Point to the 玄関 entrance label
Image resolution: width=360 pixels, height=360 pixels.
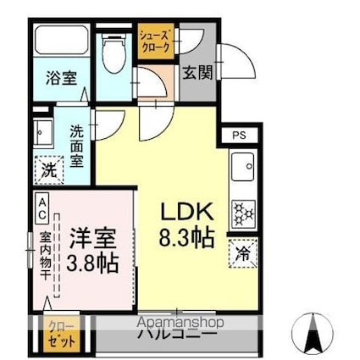(197, 73)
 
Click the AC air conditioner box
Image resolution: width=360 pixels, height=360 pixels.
(42, 208)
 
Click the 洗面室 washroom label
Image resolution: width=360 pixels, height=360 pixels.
(77, 145)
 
